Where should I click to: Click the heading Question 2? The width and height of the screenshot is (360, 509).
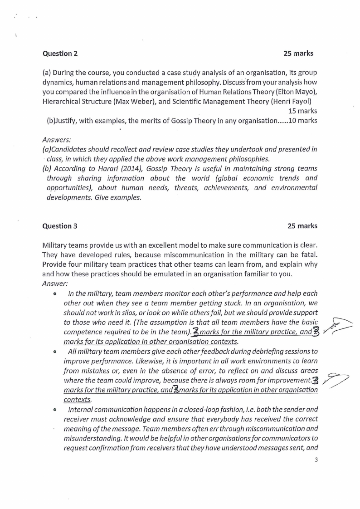tap(60, 54)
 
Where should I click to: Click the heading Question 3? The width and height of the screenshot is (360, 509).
tap(60, 226)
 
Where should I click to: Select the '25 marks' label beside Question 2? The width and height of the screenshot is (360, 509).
tap(298, 54)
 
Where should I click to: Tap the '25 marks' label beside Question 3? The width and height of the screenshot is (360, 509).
tap(302, 226)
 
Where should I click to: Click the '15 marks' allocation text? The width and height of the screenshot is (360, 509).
tap(302, 111)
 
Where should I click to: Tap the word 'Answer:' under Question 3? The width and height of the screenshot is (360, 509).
tap(55, 284)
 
